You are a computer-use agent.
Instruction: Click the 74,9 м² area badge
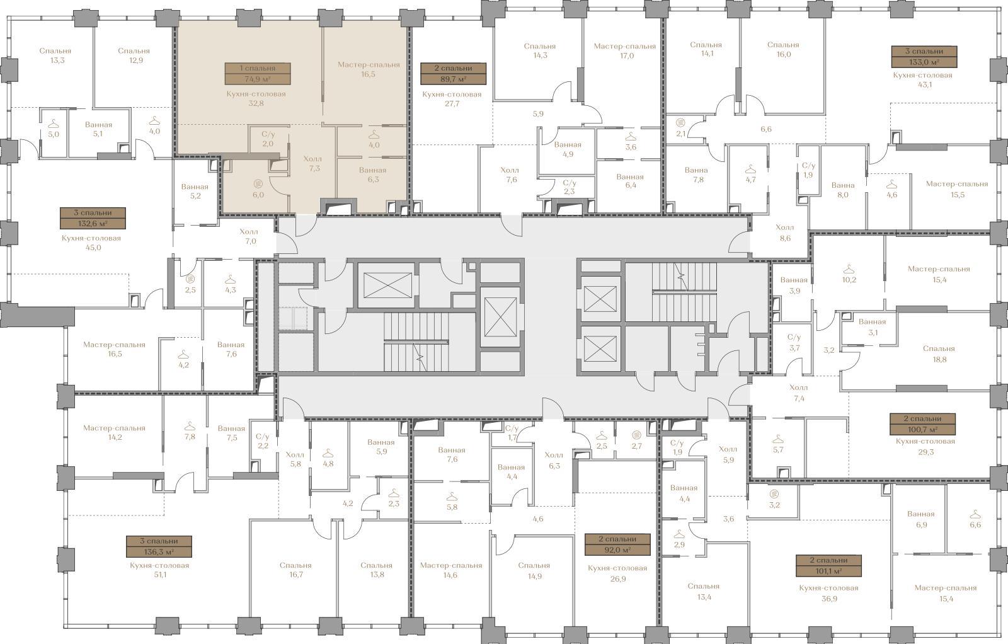(258, 74)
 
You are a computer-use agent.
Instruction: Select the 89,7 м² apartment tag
(453, 74)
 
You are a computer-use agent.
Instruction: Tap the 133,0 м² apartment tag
(924, 57)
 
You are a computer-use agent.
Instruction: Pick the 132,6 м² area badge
(93, 218)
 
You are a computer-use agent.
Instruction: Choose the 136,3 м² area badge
(159, 546)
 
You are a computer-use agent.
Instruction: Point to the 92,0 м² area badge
(617, 544)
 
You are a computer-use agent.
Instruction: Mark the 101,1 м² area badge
(829, 566)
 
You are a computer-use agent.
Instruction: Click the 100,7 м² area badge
(923, 424)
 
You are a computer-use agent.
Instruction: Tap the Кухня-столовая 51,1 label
(159, 570)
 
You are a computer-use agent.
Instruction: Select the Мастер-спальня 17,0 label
(624, 51)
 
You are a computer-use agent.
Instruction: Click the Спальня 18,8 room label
(939, 354)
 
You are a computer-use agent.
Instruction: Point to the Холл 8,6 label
(785, 233)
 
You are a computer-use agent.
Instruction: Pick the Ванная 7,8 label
(696, 175)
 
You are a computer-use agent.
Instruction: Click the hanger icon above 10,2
(849, 270)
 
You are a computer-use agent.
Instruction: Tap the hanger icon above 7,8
(190, 426)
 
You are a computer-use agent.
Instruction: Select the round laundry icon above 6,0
(258, 183)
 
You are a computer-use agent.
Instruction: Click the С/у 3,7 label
(794, 342)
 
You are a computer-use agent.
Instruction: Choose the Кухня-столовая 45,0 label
(91, 243)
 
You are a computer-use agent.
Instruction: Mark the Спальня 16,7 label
(295, 570)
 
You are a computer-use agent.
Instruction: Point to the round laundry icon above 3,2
(774, 493)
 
